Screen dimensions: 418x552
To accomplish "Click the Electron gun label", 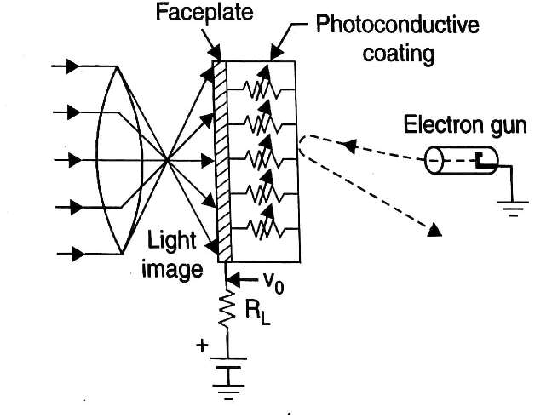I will click(465, 126).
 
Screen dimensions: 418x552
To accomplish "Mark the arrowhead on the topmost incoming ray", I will click(74, 65).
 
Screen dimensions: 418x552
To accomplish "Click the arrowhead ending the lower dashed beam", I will click(434, 228).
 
